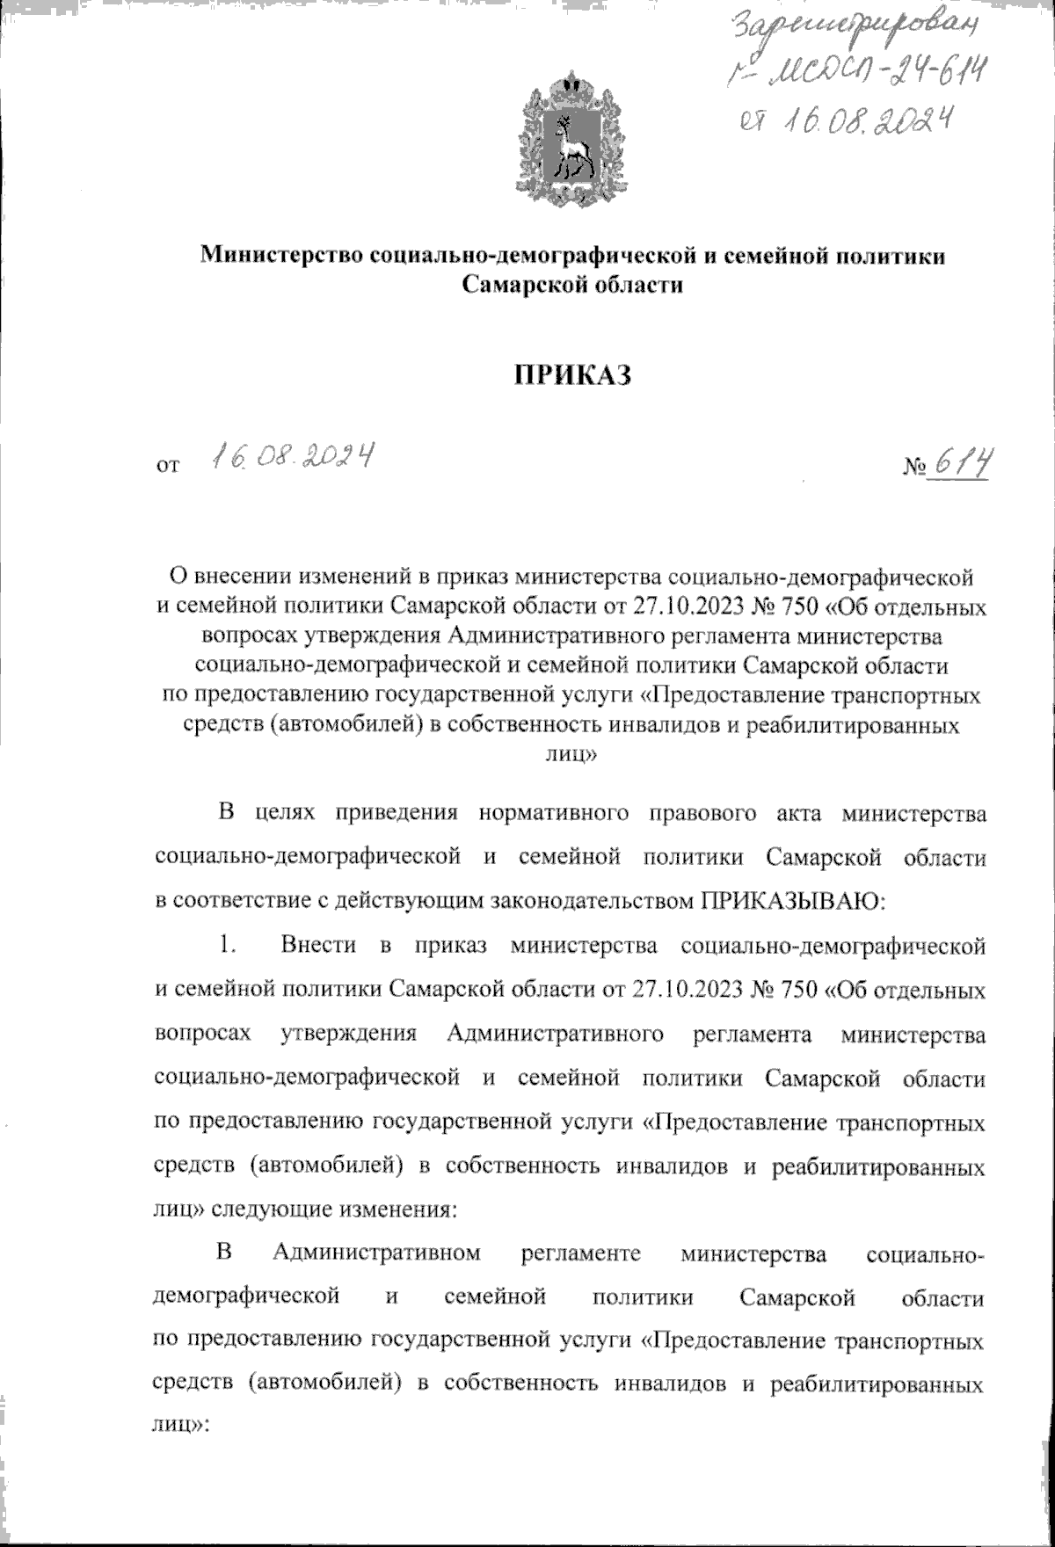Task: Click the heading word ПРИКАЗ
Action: [574, 374]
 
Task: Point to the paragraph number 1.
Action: [228, 945]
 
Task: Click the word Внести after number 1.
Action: [319, 945]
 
